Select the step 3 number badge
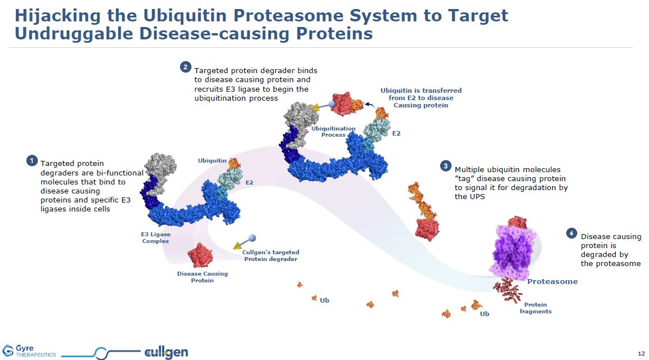tap(446, 166)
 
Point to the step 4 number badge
tap(571, 233)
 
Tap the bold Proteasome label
tap(552, 281)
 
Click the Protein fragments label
tap(535, 308)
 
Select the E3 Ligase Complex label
tap(155, 237)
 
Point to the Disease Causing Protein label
tap(203, 277)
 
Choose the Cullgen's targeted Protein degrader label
tap(270, 255)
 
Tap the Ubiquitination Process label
tap(334, 132)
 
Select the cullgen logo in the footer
tap(166, 353)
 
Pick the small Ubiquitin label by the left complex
tap(212, 161)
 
